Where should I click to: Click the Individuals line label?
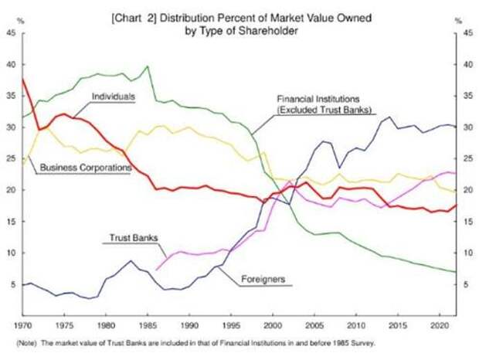(114, 97)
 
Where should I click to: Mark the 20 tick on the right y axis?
(466, 190)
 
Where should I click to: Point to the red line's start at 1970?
(22, 79)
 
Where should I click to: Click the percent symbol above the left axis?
(20, 21)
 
